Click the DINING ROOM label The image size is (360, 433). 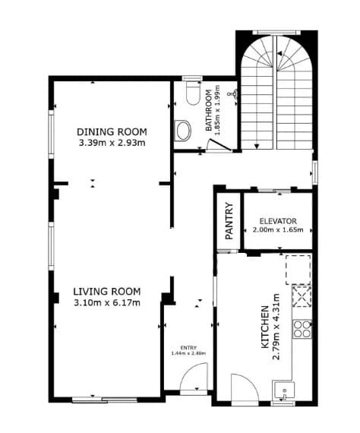point(112,132)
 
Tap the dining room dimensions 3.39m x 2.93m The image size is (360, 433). point(112,143)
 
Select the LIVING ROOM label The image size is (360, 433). point(107,292)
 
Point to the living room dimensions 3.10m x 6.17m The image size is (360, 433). point(107,303)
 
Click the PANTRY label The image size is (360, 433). point(229,221)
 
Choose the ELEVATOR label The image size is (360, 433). point(278,221)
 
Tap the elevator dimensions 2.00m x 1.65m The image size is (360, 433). point(278,229)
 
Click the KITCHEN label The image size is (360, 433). point(265,327)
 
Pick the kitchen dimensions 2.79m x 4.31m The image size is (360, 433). point(276,327)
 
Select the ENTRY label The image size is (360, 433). point(188,348)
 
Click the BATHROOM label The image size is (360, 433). point(209,110)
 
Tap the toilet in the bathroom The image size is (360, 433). point(193,93)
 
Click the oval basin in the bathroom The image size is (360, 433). point(183,131)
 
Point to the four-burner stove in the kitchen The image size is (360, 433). point(302,329)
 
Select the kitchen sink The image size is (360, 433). point(283,391)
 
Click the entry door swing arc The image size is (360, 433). point(191,371)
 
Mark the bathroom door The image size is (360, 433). point(219,145)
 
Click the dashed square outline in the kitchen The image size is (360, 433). point(298,270)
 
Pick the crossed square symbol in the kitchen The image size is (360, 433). point(302,297)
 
